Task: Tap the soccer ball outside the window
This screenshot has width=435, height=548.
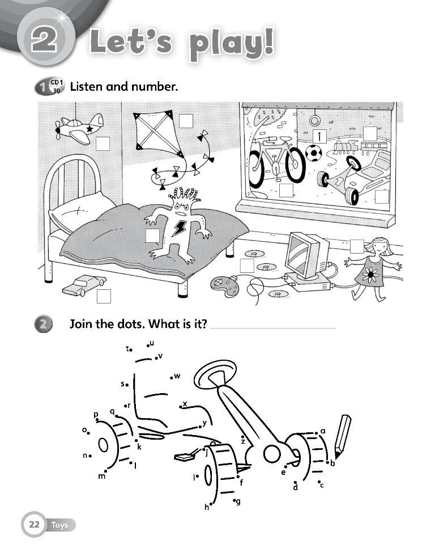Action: [x=313, y=153]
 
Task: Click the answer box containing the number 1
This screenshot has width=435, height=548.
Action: [x=320, y=136]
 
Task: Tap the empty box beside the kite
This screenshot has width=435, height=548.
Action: [x=186, y=121]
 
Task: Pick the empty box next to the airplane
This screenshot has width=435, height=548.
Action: [x=103, y=144]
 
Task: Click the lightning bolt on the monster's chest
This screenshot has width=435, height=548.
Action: [x=181, y=227]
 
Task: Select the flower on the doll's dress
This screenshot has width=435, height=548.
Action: [x=371, y=274]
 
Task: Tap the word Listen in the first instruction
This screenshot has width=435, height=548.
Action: [x=87, y=87]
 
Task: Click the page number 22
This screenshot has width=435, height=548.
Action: [x=34, y=525]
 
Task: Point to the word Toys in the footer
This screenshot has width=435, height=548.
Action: [x=59, y=525]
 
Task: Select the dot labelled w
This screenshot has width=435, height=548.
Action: [x=171, y=377]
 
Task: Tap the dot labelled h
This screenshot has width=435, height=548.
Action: [x=211, y=503]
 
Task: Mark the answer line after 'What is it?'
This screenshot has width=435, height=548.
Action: [x=273, y=327]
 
